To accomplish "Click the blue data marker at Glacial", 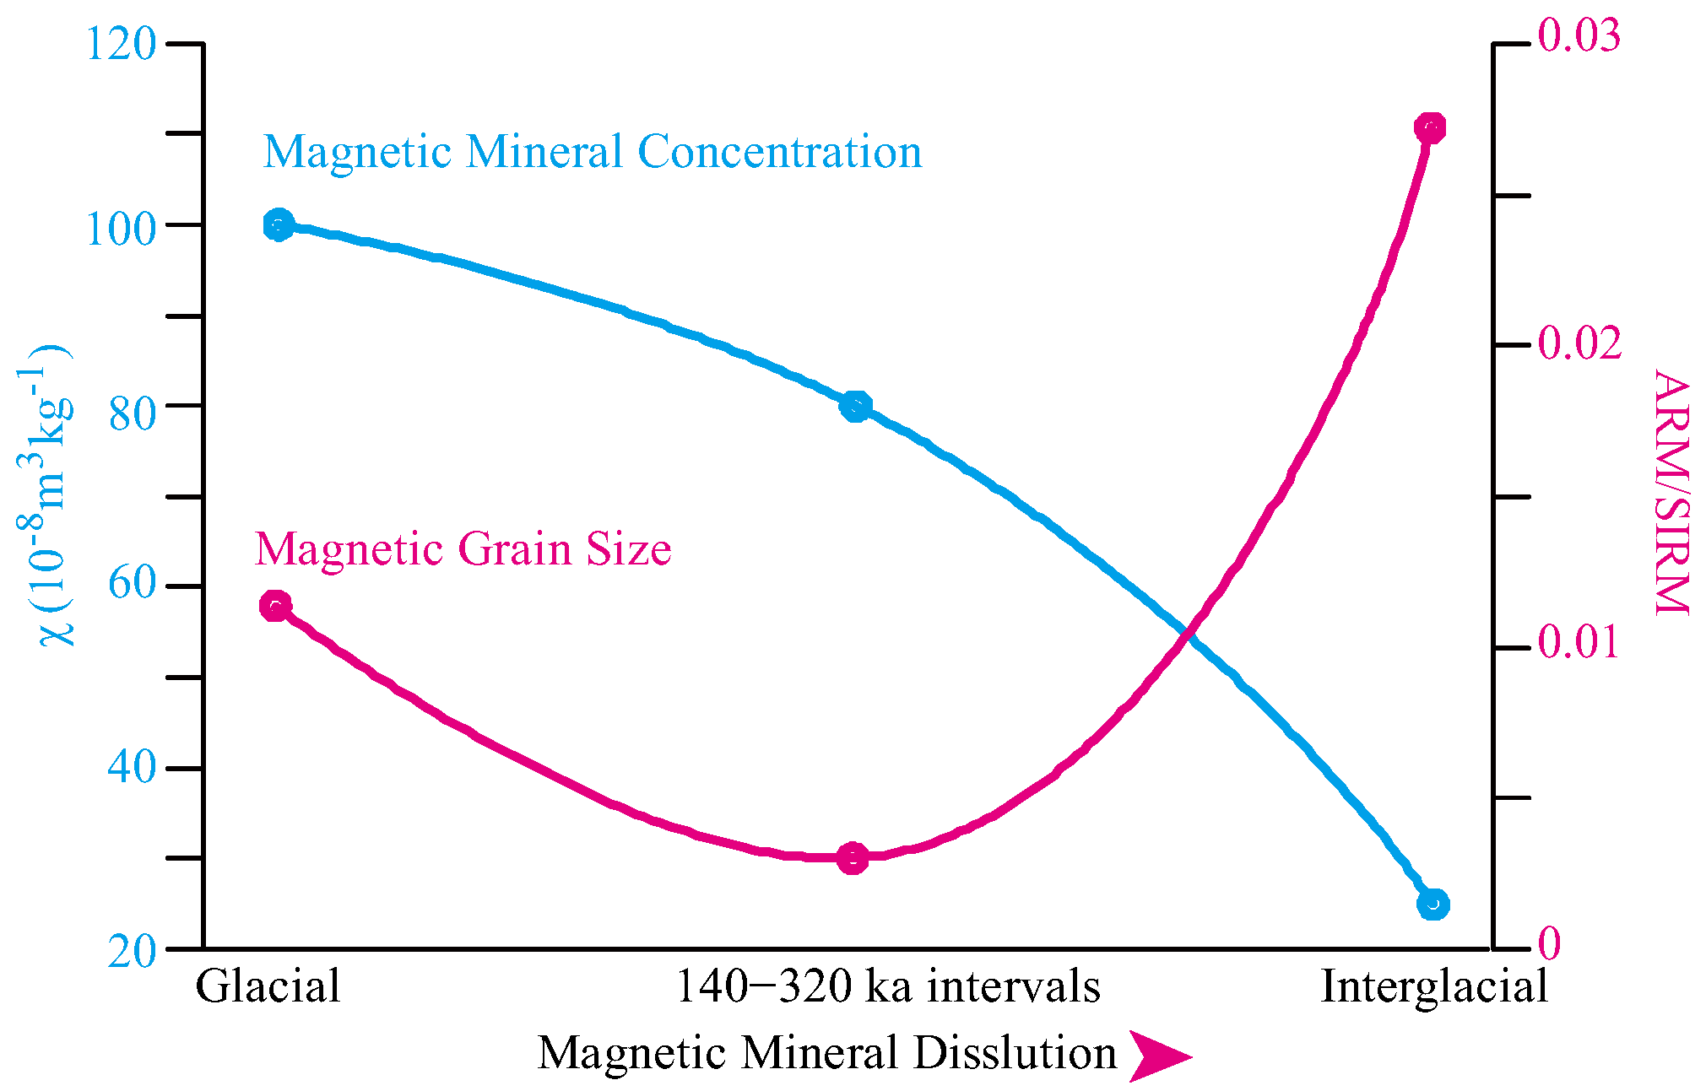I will [278, 225].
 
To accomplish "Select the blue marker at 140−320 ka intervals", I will [855, 407].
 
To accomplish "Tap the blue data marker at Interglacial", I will [1432, 905].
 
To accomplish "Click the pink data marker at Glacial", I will [276, 606].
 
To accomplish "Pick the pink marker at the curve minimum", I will [853, 858].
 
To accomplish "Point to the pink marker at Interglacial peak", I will [1430, 128].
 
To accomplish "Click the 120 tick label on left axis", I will [122, 43].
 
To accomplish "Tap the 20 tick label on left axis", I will [133, 952].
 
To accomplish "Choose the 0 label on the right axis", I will [1549, 943].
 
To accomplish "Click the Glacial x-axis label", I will [268, 986].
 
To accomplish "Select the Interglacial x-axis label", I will [1434, 986].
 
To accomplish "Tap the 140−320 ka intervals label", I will [888, 986].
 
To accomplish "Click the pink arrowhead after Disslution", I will [1158, 1056].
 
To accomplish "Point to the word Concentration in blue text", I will [779, 152].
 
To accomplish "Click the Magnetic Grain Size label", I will [463, 549].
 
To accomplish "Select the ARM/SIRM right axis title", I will [1671, 493].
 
